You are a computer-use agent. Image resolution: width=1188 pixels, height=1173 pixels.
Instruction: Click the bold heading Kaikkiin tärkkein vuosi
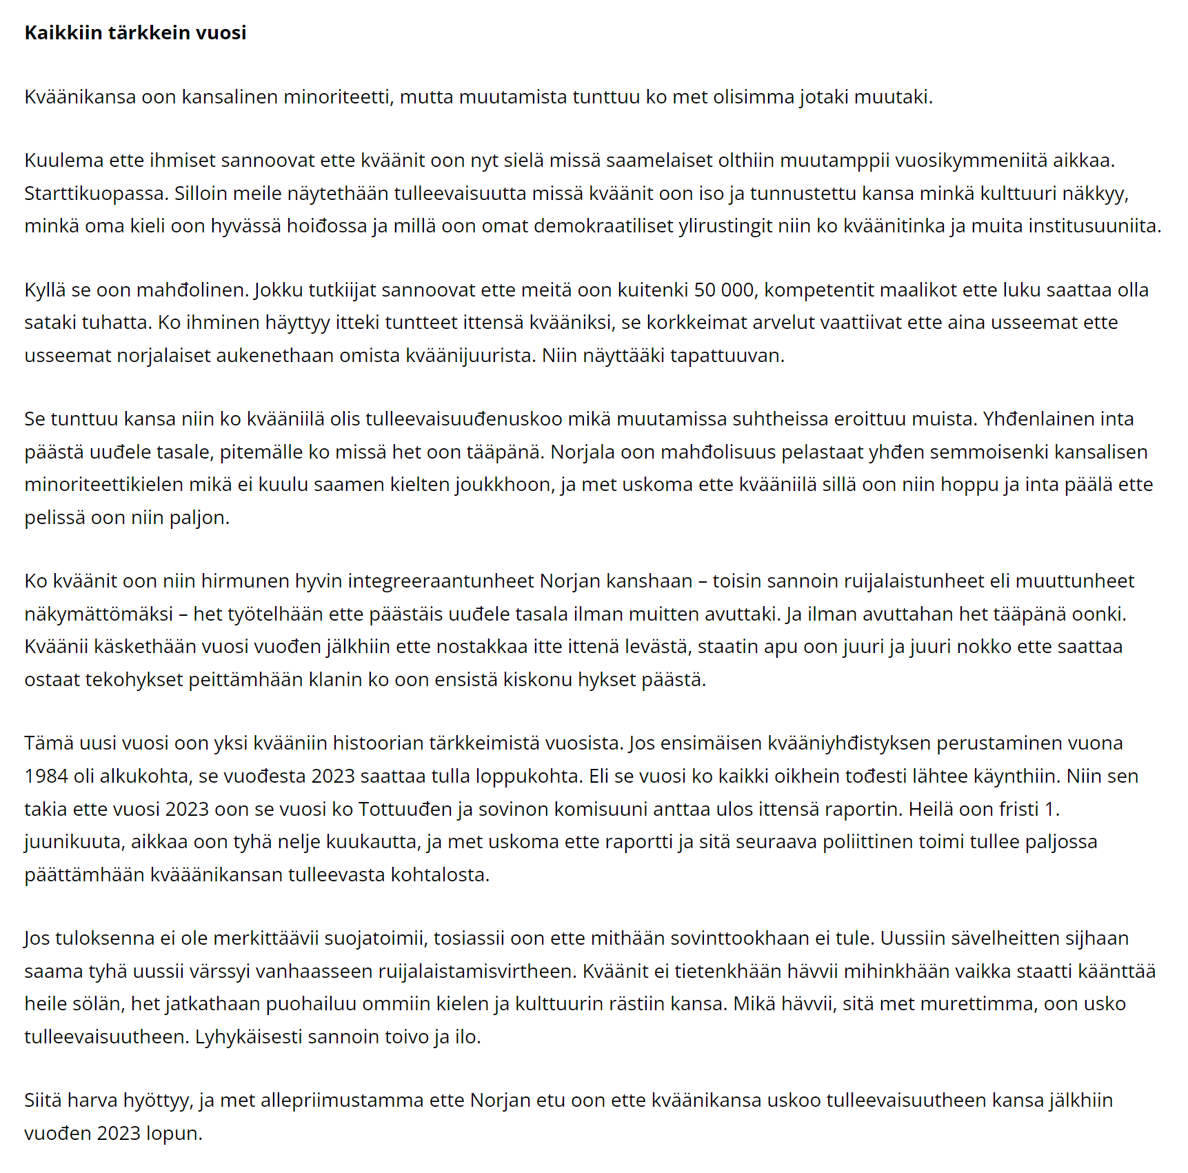click(135, 32)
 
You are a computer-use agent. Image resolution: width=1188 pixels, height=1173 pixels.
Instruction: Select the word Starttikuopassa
click(96, 193)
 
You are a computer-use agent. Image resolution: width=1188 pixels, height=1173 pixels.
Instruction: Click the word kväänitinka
click(894, 225)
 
